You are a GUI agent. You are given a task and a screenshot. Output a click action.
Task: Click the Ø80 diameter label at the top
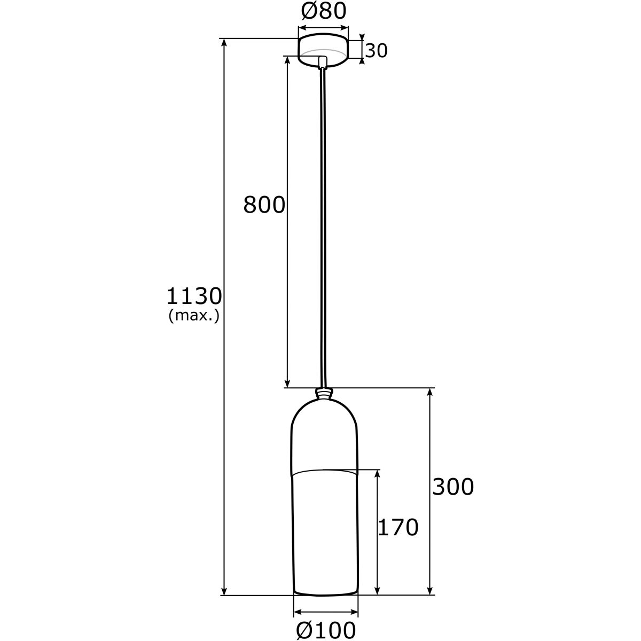point(323,12)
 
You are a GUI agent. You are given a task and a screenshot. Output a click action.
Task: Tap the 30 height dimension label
point(377,51)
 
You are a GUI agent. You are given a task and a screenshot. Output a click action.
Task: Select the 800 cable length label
point(264,205)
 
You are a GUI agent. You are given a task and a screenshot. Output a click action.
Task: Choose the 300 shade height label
point(453,487)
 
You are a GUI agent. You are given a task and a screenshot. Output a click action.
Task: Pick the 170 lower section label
point(398,528)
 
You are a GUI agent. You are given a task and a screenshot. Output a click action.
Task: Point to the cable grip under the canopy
point(323,62)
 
